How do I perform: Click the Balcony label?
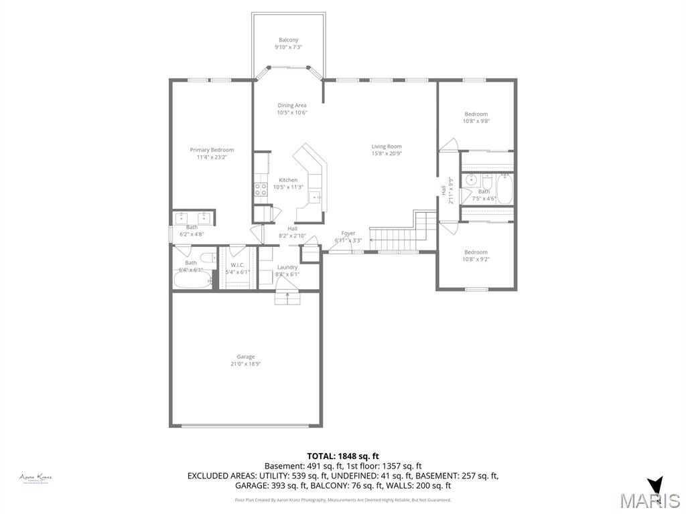pos(288,40)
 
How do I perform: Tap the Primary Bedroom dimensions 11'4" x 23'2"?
pos(212,157)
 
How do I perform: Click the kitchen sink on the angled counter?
pos(315,197)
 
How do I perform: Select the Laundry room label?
pos(287,267)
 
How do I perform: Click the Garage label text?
pos(245,357)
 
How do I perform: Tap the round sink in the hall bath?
pos(472,179)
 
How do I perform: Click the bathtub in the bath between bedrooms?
pos(504,189)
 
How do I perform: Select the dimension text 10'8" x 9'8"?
pos(476,122)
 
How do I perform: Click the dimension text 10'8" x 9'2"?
pos(476,260)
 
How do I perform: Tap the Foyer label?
pos(348,233)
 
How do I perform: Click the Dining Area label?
pos(292,105)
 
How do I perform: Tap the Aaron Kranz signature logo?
pos(36,478)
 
